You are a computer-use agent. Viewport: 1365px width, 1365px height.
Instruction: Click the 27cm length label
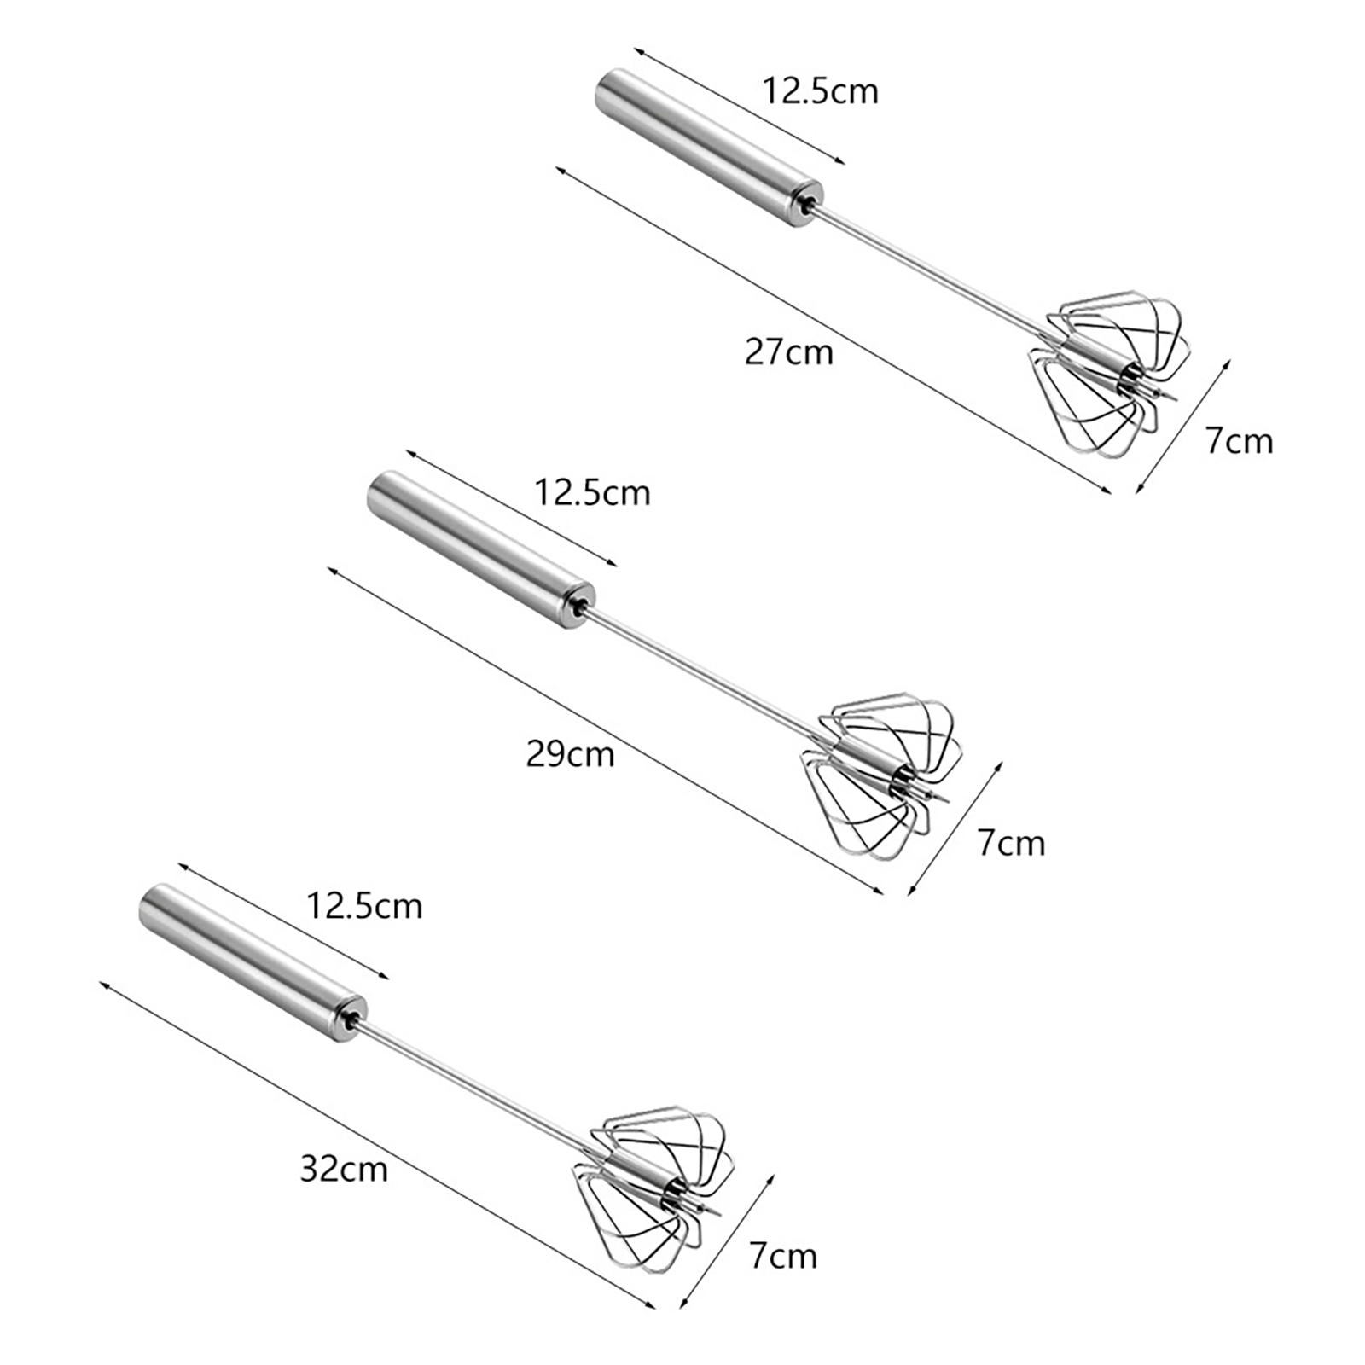click(x=788, y=351)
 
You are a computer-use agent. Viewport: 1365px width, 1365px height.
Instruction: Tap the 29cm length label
click(x=570, y=754)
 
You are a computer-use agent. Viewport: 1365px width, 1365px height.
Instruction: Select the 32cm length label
click(x=344, y=1168)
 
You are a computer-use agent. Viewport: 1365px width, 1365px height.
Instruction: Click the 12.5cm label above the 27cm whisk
click(x=820, y=90)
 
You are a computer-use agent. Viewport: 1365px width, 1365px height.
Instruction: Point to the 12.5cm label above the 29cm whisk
click(x=592, y=493)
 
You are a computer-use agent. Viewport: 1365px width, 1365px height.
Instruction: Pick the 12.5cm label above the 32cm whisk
click(x=364, y=906)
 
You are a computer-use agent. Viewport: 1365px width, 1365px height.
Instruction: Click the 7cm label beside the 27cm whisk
click(x=1239, y=441)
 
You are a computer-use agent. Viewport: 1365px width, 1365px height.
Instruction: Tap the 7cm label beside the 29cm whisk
click(x=1011, y=843)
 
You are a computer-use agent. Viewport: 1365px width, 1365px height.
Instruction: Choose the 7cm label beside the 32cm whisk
click(x=783, y=1257)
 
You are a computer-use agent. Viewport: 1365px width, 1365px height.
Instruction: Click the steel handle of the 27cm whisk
click(x=709, y=148)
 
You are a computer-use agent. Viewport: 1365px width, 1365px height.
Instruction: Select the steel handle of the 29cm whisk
click(x=481, y=551)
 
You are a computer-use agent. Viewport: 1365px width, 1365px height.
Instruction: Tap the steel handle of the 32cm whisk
click(x=253, y=965)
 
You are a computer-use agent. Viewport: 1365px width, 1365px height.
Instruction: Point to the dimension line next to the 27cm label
click(x=834, y=329)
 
